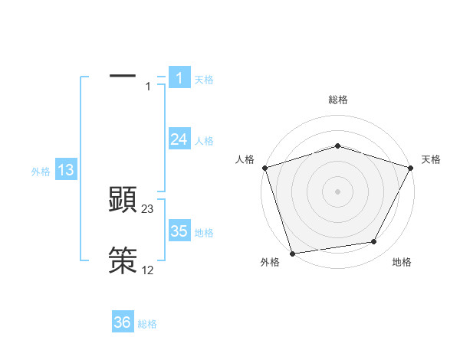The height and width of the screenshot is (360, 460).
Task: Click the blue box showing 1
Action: click(x=179, y=77)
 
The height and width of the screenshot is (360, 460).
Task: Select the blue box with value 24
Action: click(x=179, y=139)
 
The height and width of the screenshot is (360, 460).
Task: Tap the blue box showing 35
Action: click(x=179, y=231)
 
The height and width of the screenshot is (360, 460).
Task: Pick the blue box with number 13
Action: click(x=65, y=170)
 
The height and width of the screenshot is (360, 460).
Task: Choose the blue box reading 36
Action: click(x=123, y=322)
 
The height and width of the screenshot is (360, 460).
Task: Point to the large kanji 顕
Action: click(x=123, y=201)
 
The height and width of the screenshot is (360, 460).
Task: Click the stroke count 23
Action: click(x=148, y=209)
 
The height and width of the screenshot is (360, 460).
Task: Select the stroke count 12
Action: click(x=148, y=270)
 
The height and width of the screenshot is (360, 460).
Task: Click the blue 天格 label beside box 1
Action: click(x=204, y=79)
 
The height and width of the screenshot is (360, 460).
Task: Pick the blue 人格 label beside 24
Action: click(x=204, y=140)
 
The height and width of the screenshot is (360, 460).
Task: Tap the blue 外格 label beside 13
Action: click(x=41, y=172)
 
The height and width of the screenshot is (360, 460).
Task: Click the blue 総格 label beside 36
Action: click(x=147, y=324)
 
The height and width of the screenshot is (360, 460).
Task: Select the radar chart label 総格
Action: click(x=338, y=100)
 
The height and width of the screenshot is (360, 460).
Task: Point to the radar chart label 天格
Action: click(x=432, y=159)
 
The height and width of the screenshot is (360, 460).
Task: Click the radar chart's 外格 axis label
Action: click(x=270, y=262)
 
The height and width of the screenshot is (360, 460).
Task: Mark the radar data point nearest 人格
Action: click(x=264, y=167)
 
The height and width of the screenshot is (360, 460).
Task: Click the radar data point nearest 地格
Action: click(x=374, y=242)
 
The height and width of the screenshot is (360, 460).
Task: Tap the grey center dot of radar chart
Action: click(x=337, y=191)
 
